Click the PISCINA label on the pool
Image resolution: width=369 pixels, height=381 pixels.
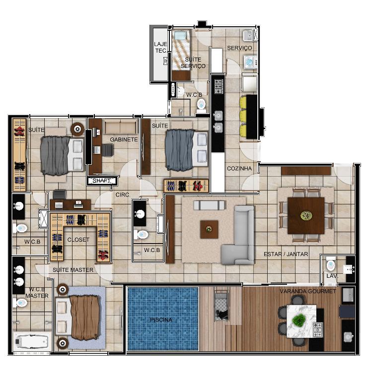tap(161, 320)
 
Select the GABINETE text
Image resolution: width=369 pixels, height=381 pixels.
tap(124, 139)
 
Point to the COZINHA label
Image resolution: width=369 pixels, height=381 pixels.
tap(239, 168)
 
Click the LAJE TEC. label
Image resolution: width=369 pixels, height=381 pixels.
tap(160, 47)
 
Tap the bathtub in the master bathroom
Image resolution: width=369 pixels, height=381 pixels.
tap(32, 342)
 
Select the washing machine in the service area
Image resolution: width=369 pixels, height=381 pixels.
tap(250, 62)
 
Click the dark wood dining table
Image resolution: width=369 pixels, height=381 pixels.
tap(306, 215)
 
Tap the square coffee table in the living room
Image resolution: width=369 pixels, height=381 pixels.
tap(209, 229)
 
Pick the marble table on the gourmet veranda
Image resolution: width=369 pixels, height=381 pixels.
tap(301, 321)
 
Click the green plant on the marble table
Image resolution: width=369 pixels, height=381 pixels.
tap(299, 320)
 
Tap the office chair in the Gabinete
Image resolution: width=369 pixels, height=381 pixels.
tap(108, 150)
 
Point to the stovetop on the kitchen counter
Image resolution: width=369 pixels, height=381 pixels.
tap(219, 86)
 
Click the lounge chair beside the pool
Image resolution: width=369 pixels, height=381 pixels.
tap(221, 305)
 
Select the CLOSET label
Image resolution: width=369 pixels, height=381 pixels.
tap(78, 240)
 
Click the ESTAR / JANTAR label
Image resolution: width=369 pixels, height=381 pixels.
tap(286, 254)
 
